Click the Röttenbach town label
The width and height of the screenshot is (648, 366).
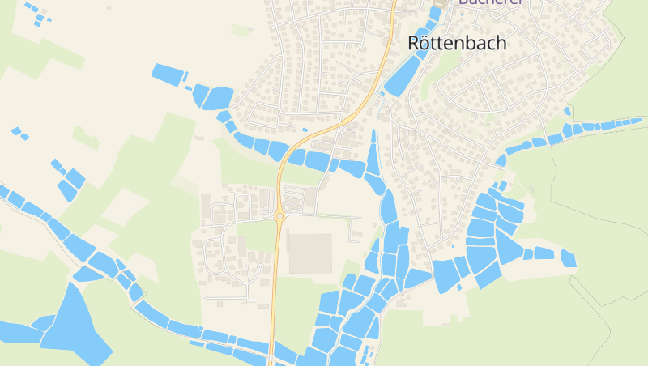pyautogui.click(x=458, y=43)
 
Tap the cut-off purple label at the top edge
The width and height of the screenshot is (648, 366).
pyautogui.click(x=492, y=2)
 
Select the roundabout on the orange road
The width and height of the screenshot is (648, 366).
pyautogui.click(x=280, y=216)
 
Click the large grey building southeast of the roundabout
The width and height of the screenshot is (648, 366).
pyautogui.click(x=309, y=253)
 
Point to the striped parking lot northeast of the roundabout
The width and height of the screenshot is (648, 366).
pyautogui.click(x=296, y=197)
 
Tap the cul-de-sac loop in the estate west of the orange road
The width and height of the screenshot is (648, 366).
pyautogui.click(x=260, y=267)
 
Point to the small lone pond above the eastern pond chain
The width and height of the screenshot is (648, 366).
pyautogui.click(x=568, y=111)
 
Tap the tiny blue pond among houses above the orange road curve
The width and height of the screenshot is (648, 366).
pyautogui.click(x=305, y=130)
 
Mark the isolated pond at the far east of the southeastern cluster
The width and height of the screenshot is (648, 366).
pyautogui.click(x=568, y=258)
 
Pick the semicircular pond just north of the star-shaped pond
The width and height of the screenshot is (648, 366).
pyautogui.click(x=87, y=274)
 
